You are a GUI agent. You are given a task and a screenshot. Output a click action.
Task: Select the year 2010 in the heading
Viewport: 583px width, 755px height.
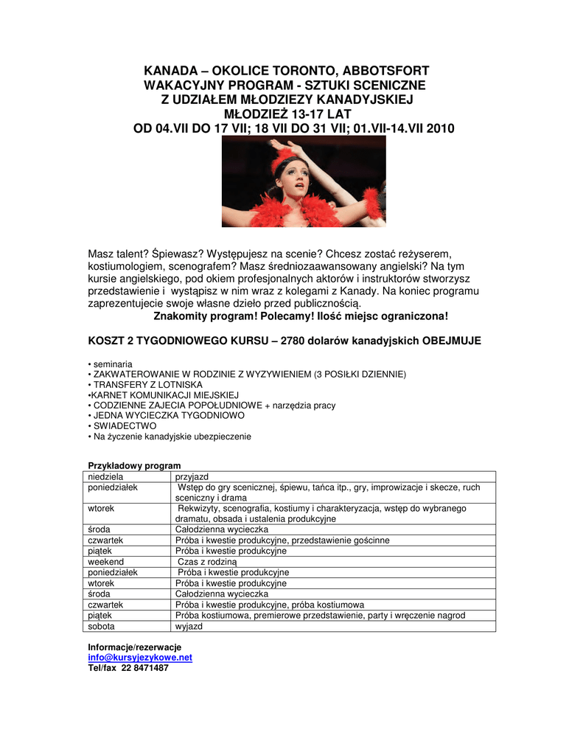pos(439,129)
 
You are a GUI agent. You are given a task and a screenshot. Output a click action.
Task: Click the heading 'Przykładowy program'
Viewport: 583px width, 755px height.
pos(134,466)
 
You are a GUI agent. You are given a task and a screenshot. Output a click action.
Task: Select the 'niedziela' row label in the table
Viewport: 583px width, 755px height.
pos(106,477)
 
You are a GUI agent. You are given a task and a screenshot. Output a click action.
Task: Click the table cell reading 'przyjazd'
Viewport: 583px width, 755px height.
pos(192,477)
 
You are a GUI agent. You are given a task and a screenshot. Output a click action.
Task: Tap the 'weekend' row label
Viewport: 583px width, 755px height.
pos(106,562)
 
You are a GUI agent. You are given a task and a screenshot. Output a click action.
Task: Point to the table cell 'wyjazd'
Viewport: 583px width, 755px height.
pos(189,626)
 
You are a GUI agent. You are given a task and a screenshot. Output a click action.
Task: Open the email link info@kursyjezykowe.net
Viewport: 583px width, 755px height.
pos(140,658)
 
